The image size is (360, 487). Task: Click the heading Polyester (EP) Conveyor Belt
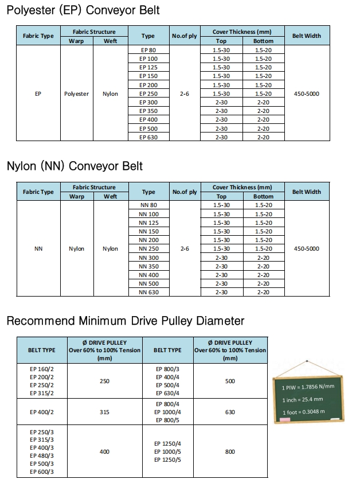tap(83, 10)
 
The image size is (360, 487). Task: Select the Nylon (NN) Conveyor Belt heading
tap(75, 166)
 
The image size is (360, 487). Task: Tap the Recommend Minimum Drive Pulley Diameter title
tap(125, 321)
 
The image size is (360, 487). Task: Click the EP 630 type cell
tap(148, 138)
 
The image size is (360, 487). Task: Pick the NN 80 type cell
tap(148, 205)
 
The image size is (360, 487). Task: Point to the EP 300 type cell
tap(148, 102)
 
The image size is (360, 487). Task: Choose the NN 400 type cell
tap(148, 275)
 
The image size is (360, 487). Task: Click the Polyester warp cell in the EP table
tap(76, 93)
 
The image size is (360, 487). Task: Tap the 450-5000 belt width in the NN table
tap(306, 249)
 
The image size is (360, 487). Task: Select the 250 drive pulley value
tap(104, 381)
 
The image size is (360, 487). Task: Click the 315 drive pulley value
tap(104, 412)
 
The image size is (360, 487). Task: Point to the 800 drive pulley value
tap(230, 452)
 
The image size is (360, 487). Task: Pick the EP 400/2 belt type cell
tap(42, 412)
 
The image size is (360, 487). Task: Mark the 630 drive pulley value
tap(230, 412)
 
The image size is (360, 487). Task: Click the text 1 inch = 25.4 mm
tap(303, 400)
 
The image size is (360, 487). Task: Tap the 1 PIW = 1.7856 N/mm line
tap(307, 387)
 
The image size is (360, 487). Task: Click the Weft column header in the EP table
tap(111, 41)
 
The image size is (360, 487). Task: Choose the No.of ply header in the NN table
tap(184, 192)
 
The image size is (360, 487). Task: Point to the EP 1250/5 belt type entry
tap(168, 460)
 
